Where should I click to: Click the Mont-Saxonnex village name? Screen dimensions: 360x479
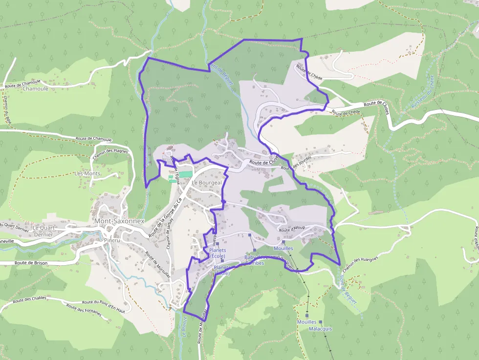119,221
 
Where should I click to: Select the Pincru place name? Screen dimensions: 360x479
112,240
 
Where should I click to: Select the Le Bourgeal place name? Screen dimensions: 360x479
207,183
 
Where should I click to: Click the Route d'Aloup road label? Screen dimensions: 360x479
292,230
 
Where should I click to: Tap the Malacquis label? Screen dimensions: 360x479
320,329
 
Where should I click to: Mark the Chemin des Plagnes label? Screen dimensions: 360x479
110,151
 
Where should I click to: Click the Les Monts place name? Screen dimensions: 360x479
87,173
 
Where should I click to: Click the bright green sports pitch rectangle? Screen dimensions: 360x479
180,174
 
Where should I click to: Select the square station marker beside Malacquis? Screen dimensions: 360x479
321,322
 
